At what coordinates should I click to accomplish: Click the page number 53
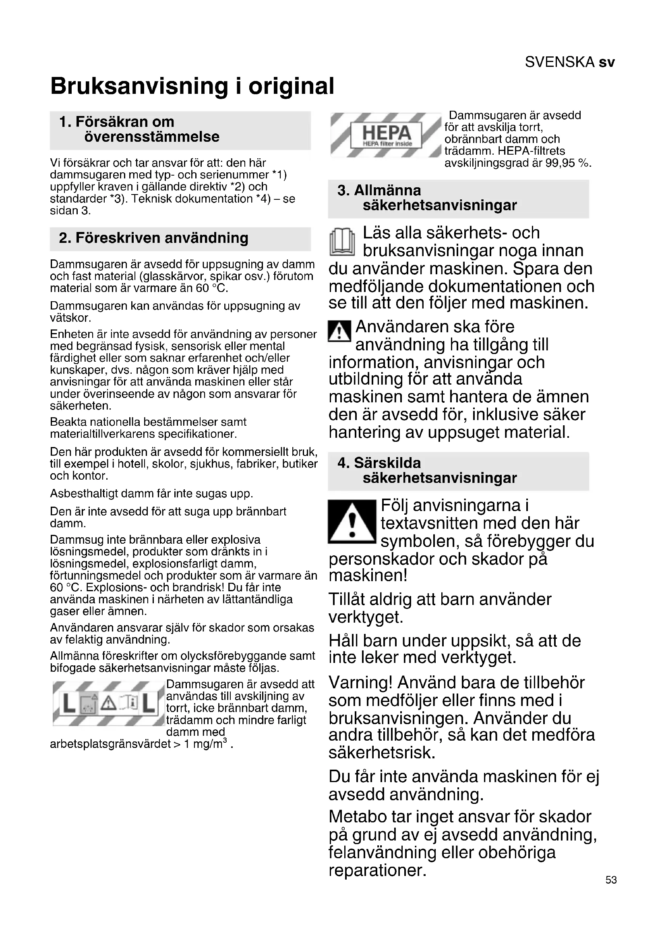[x=611, y=880]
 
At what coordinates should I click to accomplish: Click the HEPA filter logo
[x=386, y=135]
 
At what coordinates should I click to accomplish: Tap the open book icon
[x=342, y=242]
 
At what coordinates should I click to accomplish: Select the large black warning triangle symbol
[x=352, y=522]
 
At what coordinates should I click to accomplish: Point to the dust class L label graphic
[x=109, y=703]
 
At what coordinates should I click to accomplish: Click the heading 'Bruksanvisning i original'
[x=192, y=86]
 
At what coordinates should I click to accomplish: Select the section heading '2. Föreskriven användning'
[x=153, y=238]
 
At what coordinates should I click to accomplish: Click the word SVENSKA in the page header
[x=559, y=62]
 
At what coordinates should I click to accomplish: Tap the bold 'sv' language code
[x=606, y=62]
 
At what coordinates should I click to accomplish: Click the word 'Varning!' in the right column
[x=360, y=683]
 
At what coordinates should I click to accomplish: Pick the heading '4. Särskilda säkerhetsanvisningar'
[x=426, y=470]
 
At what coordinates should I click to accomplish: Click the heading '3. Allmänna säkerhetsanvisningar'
[x=426, y=198]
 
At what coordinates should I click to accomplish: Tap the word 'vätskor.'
[x=70, y=317]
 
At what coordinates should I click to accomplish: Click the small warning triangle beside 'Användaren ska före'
[x=339, y=331]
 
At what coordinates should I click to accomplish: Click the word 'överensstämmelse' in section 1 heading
[x=152, y=137]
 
